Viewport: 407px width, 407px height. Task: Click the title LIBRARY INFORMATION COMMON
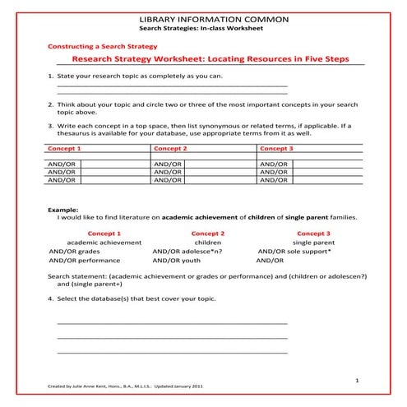click(203, 18)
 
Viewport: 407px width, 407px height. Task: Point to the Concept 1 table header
click(65, 149)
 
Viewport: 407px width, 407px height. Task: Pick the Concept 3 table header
click(276, 149)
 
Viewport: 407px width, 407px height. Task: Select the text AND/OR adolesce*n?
click(188, 252)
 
